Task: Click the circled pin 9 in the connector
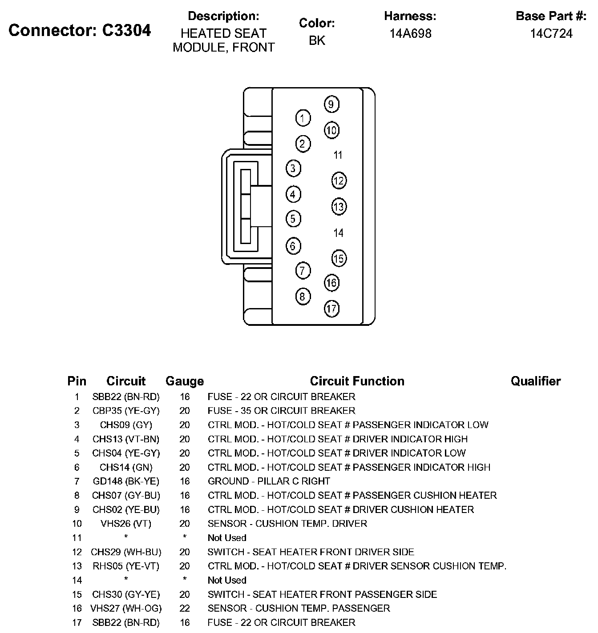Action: [x=331, y=104]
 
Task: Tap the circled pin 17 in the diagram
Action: [x=331, y=308]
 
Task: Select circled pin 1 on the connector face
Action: [x=303, y=118]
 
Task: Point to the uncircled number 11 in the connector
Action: [x=338, y=155]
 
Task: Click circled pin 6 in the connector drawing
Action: [x=293, y=246]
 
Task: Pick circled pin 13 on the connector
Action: [x=339, y=207]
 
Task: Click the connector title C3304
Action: [x=80, y=30]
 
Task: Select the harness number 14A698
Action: [x=410, y=34]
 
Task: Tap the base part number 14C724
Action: [x=551, y=34]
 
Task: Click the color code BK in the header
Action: [x=317, y=40]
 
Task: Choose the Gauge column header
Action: [x=185, y=381]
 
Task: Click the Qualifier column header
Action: [x=535, y=381]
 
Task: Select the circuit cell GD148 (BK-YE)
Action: [x=126, y=481]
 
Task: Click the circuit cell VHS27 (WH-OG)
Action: [x=126, y=608]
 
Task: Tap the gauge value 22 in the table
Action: [x=185, y=608]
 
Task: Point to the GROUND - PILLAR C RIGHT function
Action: [x=269, y=481]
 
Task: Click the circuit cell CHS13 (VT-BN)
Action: [x=126, y=439]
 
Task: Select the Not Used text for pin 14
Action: [x=227, y=580]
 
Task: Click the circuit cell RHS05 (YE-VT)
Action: [x=126, y=566]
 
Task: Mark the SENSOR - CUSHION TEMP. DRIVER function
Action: [x=287, y=524]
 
